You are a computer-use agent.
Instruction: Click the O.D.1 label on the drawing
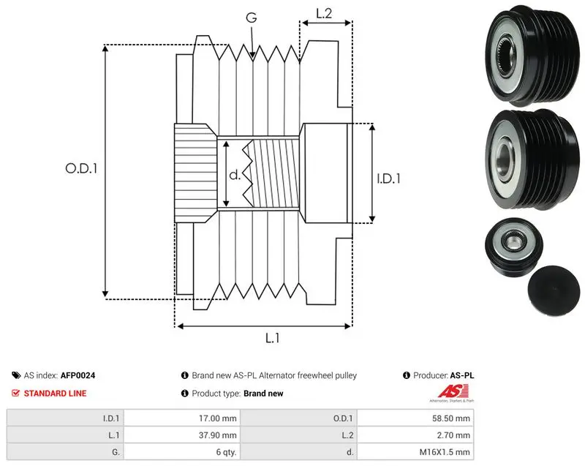coord(81,169)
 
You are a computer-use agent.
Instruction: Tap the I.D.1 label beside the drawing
coord(388,178)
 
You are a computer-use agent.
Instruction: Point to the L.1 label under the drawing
coord(272,338)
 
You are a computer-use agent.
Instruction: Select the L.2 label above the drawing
coord(324,13)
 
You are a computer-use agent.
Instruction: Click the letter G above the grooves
coord(252,17)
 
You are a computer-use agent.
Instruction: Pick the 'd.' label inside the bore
coord(235,174)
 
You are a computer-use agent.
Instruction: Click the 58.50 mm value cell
coord(451,418)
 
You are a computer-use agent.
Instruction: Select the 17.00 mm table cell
coord(217,418)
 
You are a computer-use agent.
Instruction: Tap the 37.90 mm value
coord(217,435)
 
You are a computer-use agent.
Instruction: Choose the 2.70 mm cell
coord(453,435)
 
